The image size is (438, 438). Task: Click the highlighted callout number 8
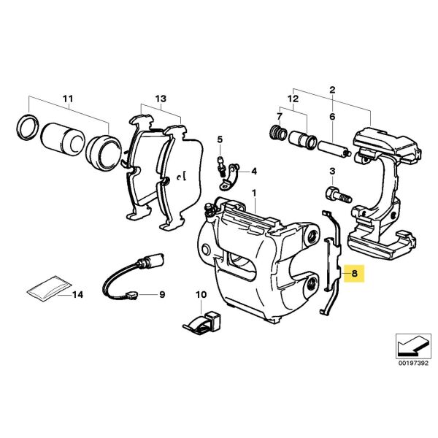tap(354, 274)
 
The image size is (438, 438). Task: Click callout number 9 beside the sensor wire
tap(162, 295)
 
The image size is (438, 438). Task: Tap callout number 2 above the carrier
tap(333, 90)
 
